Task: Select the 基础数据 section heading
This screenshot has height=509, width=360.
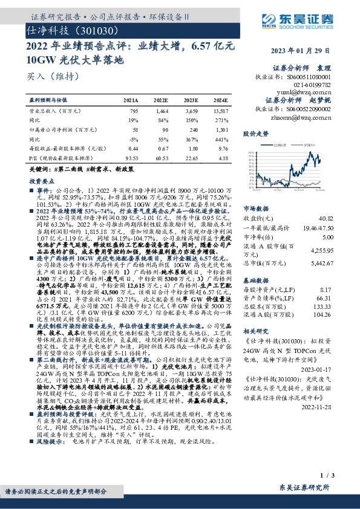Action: point(255,264)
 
